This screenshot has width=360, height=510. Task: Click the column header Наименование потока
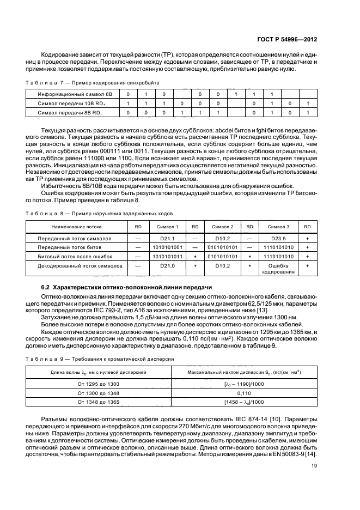pyautogui.click(x=76, y=226)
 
